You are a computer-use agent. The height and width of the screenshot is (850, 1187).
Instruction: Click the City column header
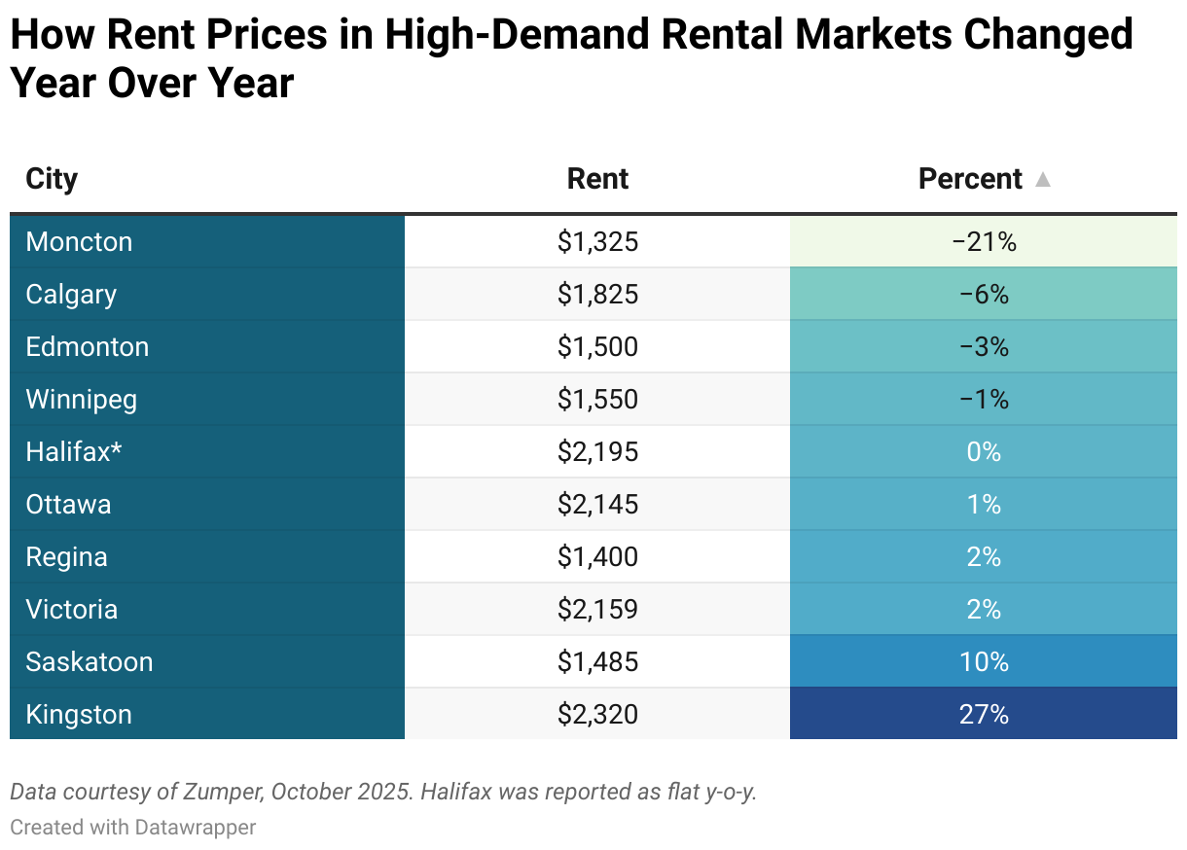point(52,179)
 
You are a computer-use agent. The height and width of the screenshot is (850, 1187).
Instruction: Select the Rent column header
point(597,179)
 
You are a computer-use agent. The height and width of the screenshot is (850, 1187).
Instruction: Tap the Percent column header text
point(970,179)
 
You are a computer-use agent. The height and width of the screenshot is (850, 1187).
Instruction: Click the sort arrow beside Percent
point(1043,180)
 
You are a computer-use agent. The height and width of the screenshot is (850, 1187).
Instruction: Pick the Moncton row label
point(79,241)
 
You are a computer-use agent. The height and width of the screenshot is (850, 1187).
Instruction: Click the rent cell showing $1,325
point(597,241)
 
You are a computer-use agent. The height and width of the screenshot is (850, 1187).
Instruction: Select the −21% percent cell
point(984,241)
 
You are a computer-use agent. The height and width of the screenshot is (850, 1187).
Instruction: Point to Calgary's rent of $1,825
point(597,294)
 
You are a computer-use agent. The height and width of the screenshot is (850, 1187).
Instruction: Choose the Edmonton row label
point(88,346)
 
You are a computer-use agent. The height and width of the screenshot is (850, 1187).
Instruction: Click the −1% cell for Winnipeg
point(984,399)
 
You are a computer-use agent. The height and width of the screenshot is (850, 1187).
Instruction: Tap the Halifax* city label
point(74,451)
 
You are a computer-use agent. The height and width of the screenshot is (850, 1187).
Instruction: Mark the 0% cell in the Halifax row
point(984,451)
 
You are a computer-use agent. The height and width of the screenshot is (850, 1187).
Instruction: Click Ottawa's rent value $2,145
point(597,504)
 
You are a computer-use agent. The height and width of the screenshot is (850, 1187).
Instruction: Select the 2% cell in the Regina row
point(984,556)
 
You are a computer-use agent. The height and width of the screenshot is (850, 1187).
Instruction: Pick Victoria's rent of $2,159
point(597,609)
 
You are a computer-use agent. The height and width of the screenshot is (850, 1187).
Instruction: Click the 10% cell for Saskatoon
point(984,661)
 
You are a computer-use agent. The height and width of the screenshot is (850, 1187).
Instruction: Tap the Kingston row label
point(79,714)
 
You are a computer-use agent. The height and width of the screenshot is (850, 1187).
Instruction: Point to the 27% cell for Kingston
point(984,714)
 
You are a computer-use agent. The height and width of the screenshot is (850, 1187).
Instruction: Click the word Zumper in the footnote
point(222,792)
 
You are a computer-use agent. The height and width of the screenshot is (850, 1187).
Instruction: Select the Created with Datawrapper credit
point(133,827)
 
